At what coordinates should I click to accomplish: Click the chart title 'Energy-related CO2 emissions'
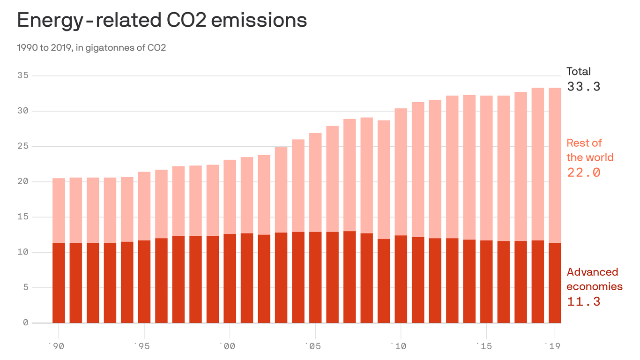162,20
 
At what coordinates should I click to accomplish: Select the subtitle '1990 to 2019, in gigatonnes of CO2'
91,48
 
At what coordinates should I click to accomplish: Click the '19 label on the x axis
554,346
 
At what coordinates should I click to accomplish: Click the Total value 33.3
583,87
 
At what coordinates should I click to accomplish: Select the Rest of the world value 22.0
583,172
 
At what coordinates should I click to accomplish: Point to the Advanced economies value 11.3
583,301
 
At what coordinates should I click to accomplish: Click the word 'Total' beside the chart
579,72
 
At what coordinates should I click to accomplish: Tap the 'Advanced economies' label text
594,279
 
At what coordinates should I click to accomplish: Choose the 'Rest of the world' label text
589,150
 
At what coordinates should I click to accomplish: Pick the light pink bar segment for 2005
315,182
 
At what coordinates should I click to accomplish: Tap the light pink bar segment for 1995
144,206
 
